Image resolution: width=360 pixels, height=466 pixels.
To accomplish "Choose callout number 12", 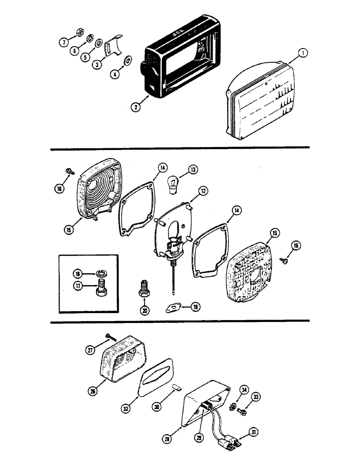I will pos(202,191).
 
